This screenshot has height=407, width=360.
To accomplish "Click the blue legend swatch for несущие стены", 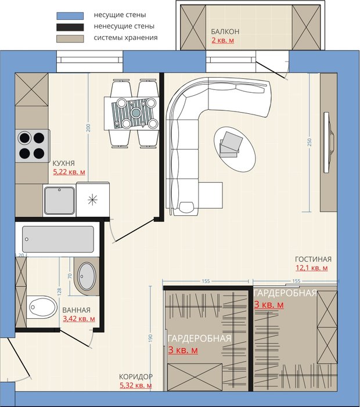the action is click(70, 16).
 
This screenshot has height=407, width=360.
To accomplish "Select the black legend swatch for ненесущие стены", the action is click(70, 27).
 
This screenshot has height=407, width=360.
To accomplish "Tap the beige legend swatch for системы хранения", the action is click(70, 38).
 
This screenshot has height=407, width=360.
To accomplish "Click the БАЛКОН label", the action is click(225, 32).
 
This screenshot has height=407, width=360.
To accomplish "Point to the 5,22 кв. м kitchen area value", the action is click(69, 172).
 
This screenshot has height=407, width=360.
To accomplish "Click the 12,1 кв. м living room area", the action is click(312, 268).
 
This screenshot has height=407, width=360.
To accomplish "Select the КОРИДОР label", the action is click(136, 376).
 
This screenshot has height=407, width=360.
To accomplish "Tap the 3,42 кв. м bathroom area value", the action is click(79, 319).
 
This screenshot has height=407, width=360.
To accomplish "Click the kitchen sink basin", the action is click(59, 201).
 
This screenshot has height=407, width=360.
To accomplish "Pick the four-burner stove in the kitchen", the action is click(33, 145).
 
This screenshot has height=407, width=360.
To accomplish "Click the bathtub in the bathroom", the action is click(58, 239).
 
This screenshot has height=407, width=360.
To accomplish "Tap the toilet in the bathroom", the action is click(42, 307).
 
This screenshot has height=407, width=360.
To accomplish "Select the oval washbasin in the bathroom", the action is click(87, 276).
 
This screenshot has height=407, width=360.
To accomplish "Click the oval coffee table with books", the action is click(235, 149).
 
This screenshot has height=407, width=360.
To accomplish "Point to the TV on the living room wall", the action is click(327, 142).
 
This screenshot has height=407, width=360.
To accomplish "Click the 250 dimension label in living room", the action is click(309, 142).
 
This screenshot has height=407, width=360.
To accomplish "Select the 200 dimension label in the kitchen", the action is click(88, 128).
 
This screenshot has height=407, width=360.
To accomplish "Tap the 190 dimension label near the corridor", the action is click(150, 338).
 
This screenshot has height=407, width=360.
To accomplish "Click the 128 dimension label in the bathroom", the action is click(59, 292).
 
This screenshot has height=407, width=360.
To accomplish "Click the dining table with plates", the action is click(132, 113).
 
